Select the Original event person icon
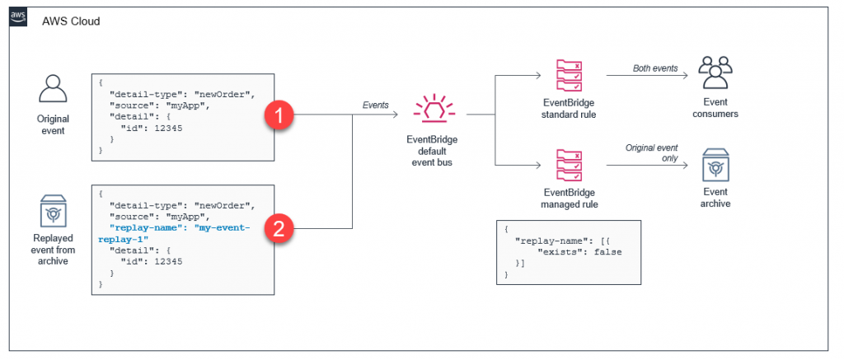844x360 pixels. [51, 89]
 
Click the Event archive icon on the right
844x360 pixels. [715, 166]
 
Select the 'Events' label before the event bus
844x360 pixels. [376, 105]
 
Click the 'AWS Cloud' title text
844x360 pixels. [71, 21]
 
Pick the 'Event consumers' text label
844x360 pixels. [715, 108]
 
